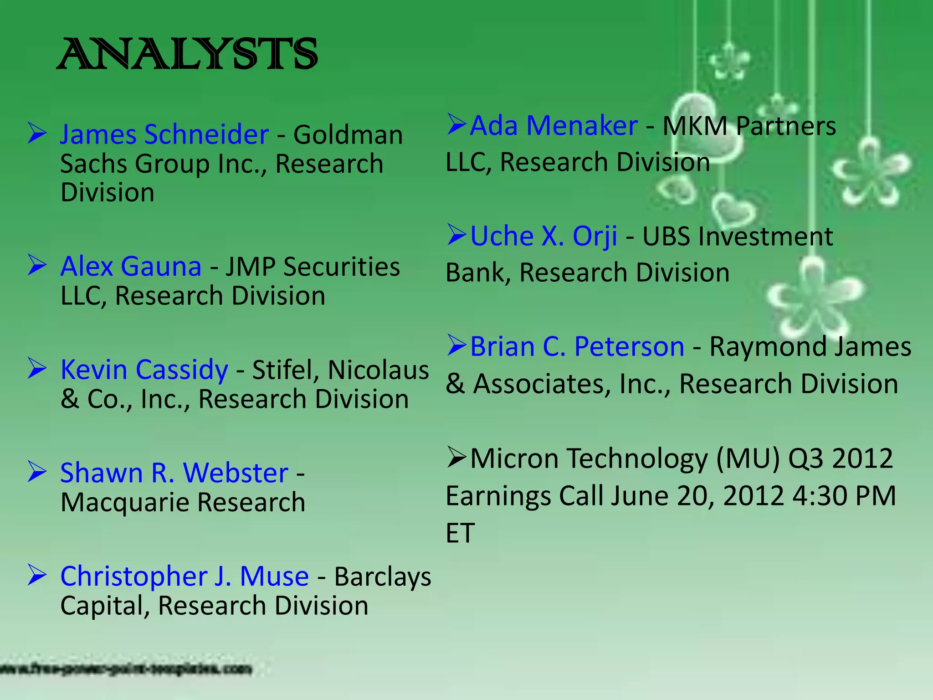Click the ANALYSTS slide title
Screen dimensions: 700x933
pos(187,54)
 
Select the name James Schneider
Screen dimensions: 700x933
pos(164,135)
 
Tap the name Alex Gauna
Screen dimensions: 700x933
pos(131,267)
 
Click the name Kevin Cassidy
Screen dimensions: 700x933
pos(144,370)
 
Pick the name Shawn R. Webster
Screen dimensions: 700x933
pos(174,473)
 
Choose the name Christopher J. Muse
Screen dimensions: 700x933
pos(185,576)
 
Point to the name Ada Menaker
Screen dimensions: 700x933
pos(554,125)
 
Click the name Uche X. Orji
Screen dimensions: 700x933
pos(543,236)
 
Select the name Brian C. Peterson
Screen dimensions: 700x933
pos(577,347)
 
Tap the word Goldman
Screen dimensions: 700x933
pos(348,135)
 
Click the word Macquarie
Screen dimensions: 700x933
pos(125,503)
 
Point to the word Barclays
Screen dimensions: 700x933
pos(383,577)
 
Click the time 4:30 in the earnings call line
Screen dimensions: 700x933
pos(820,496)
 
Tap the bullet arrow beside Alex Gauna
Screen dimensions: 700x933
pos(37,265)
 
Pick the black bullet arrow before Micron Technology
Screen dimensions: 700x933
pos(456,457)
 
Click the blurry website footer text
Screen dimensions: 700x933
pos(125,669)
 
